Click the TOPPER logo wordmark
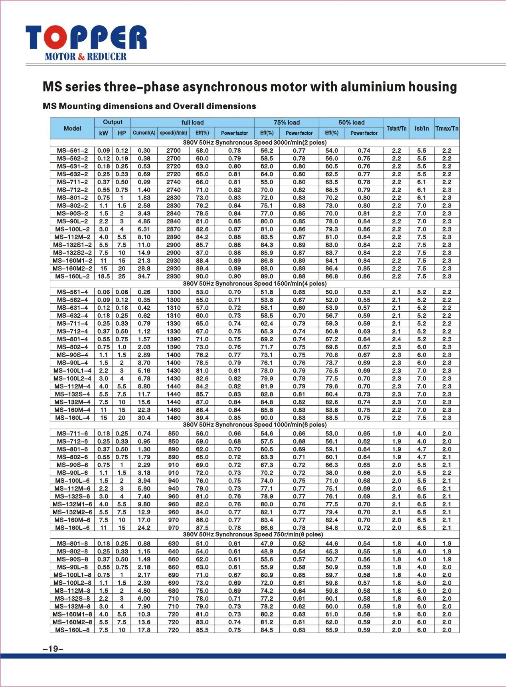[86, 37]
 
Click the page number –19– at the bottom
[53, 649]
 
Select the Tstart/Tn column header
[396, 128]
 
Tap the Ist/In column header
[421, 128]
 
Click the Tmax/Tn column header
[447, 128]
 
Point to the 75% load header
[286, 122]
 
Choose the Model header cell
[72, 128]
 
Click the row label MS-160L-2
[72, 276]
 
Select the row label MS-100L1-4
[72, 370]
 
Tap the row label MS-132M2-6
[72, 512]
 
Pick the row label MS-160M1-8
[72, 614]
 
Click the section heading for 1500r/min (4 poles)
[255, 284]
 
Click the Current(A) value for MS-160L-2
[144, 276]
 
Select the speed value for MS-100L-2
[173, 229]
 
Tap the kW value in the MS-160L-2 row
[103, 276]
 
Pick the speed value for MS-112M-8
[173, 591]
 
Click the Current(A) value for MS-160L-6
[144, 528]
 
